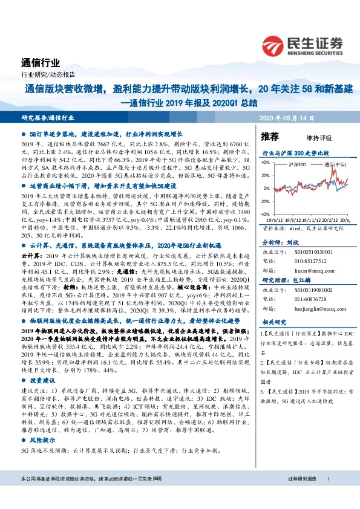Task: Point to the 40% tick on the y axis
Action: point(264,162)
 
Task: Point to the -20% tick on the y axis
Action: point(264,201)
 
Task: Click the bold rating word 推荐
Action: point(270,136)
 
